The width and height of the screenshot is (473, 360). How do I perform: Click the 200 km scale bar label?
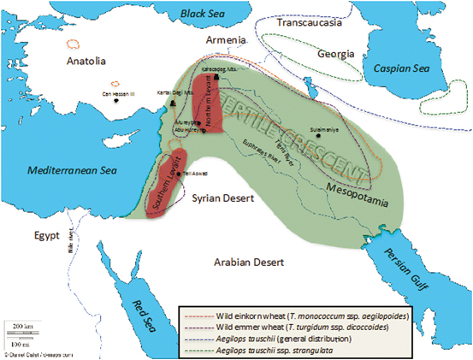pyautogui.click(x=21, y=327)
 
